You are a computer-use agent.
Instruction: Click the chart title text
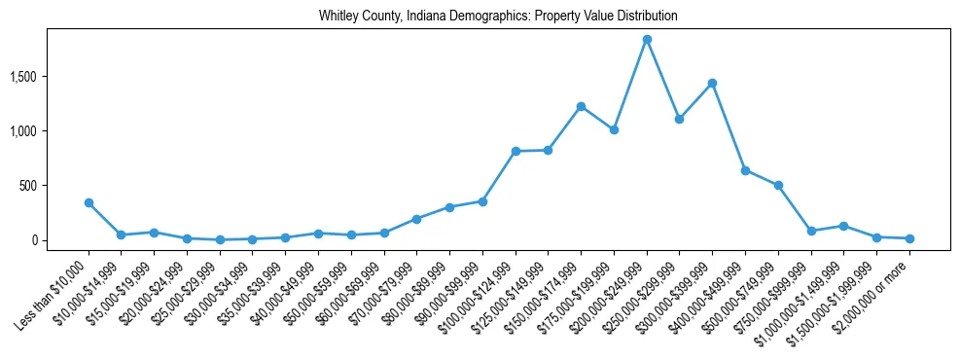(498, 17)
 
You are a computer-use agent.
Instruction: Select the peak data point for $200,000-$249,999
(647, 39)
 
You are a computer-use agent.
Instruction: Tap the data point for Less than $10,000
(89, 202)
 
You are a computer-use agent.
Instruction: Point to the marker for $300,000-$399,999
(712, 83)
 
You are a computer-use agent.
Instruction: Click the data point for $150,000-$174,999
(581, 106)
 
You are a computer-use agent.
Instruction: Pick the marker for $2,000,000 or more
(909, 238)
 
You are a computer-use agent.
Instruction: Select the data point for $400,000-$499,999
(745, 170)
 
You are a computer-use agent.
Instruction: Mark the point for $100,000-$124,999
(516, 151)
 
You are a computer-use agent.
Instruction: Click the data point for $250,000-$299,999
(679, 119)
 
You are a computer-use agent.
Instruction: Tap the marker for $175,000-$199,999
(614, 129)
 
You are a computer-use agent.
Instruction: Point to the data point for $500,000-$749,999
(778, 185)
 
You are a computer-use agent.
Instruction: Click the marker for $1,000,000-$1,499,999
(843, 226)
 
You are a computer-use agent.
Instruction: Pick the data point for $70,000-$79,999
(416, 219)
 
